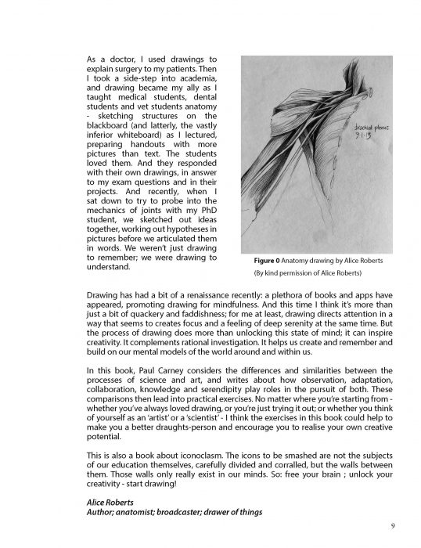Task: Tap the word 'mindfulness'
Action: [228, 308]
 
